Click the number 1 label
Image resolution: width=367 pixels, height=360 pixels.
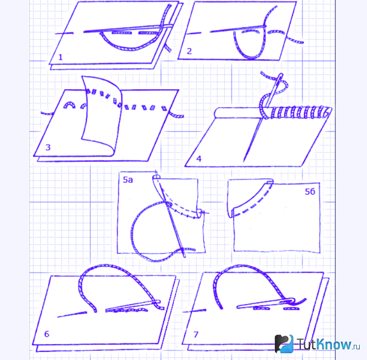pyautogui.click(x=60, y=57)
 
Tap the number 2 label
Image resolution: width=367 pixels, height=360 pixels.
pyautogui.click(x=189, y=51)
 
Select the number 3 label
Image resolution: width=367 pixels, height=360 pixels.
pyautogui.click(x=48, y=147)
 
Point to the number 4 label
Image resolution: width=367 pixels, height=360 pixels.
pyautogui.click(x=199, y=159)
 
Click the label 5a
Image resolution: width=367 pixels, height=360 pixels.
pyautogui.click(x=128, y=179)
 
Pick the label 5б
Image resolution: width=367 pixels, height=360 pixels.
pyautogui.click(x=310, y=192)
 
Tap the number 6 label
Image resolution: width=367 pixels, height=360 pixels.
pyautogui.click(x=46, y=334)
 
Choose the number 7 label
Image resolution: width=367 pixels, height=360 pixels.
pyautogui.click(x=196, y=335)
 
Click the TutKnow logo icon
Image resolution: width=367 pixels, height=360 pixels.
pyautogui.click(x=284, y=344)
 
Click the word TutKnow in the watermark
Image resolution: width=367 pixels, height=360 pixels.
pyautogui.click(x=324, y=344)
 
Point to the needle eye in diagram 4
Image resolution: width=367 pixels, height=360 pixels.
pyautogui.click(x=280, y=78)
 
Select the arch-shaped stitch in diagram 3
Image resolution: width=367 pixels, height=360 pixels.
pyautogui.click(x=69, y=103)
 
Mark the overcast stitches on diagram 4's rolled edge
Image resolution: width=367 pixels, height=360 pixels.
pyautogui.click(x=296, y=112)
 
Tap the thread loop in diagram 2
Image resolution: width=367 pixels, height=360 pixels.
pyautogui.click(x=250, y=58)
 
